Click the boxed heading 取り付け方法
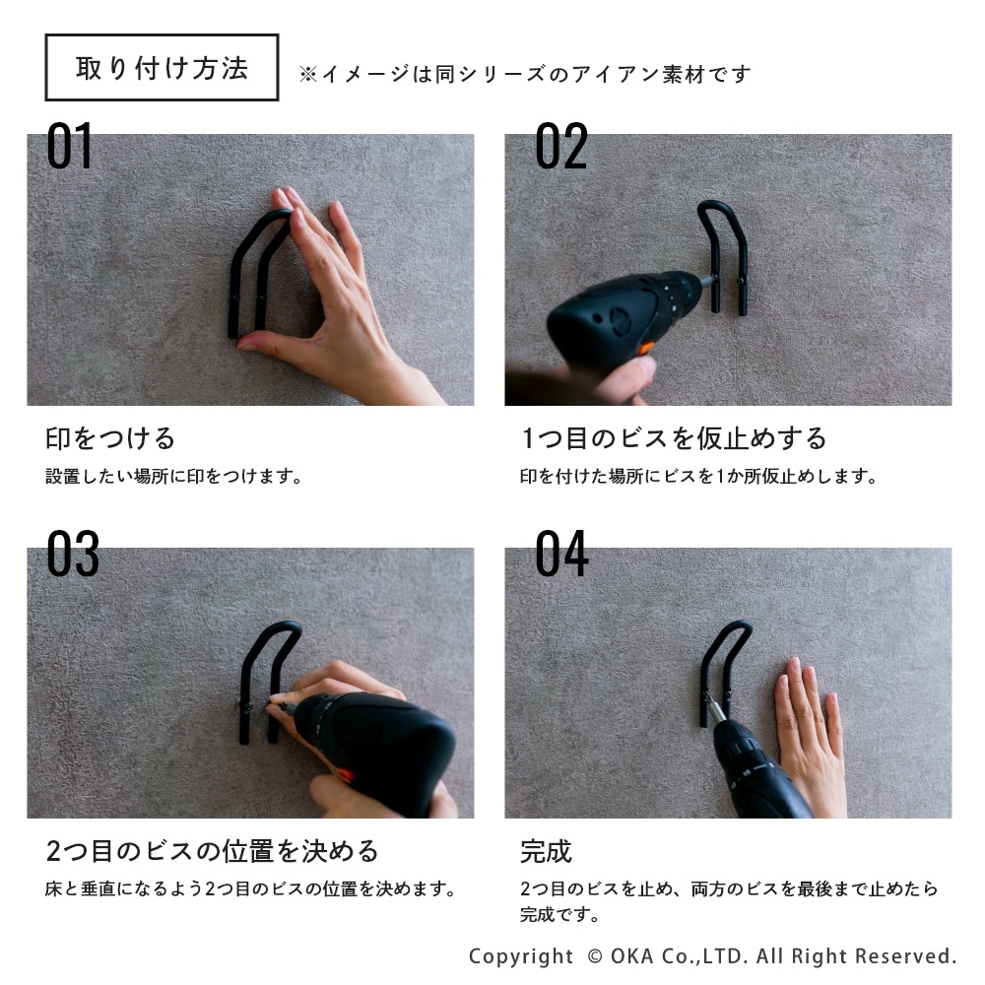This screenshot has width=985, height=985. click(162, 68)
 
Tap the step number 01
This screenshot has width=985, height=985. click(69, 145)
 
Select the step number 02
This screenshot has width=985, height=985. click(561, 145)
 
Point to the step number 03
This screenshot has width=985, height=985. click(73, 553)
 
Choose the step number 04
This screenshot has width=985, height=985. click(561, 553)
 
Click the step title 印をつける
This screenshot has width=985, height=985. click(110, 438)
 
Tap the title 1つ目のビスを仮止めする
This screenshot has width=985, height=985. click(674, 438)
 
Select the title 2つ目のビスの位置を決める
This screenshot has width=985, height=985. click(213, 851)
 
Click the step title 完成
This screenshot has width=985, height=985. click(546, 852)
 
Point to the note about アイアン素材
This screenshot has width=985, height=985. click(525, 74)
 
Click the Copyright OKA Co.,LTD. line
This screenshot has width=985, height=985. click(713, 956)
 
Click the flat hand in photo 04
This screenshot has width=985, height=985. click(811, 735)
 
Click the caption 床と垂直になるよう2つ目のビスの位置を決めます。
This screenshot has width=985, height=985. click(250, 888)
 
